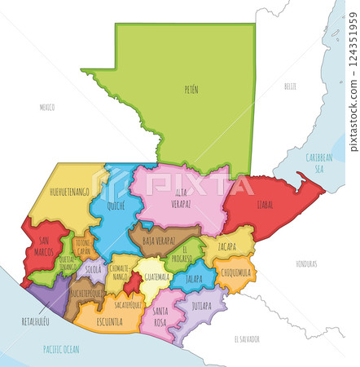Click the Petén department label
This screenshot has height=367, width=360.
[x=191, y=89]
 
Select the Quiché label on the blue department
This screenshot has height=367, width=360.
[x=116, y=207]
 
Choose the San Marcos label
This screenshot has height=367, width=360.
[x=46, y=247]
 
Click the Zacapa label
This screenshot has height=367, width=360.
[x=227, y=246]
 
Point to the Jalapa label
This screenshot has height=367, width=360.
[x=194, y=278]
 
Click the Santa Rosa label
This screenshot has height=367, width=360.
[x=160, y=316]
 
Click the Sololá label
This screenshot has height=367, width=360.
[x=94, y=268]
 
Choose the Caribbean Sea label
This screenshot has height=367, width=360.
[x=319, y=161]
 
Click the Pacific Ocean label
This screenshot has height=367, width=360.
[x=61, y=348]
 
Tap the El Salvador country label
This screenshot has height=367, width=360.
[x=246, y=338]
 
